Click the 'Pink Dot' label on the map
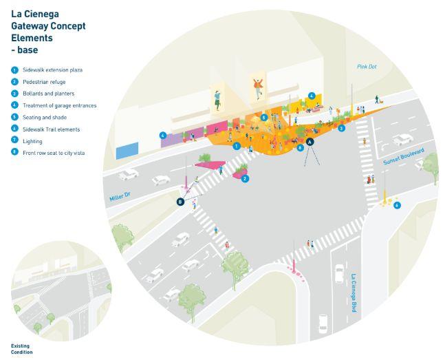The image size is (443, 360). click(368, 67)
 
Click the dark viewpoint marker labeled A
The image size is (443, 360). click(310, 141)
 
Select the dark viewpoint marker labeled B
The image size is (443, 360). click(180, 202)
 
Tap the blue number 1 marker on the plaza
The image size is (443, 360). click(236, 146)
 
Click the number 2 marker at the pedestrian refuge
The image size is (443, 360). click(245, 178)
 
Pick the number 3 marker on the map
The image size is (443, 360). click(341, 128)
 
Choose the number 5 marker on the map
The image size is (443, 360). click(264, 118)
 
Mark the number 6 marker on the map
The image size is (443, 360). click(397, 205)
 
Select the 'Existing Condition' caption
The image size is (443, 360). click(22, 349)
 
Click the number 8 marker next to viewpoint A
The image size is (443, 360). click(299, 147)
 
